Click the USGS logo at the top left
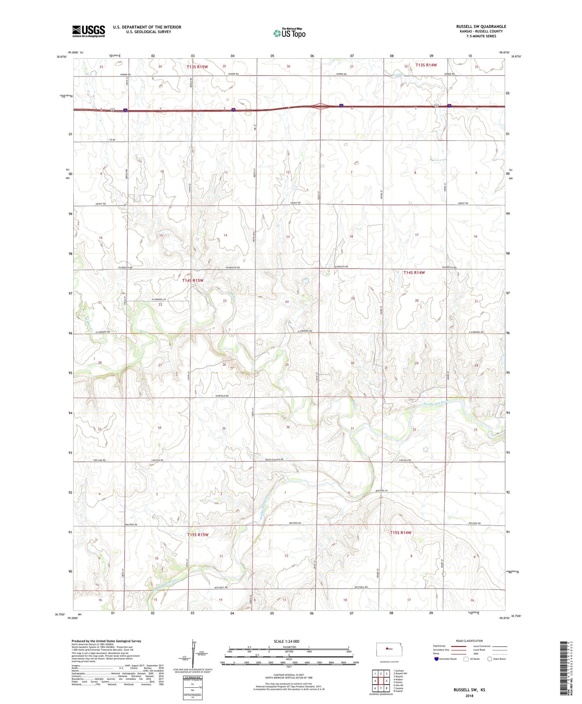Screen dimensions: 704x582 point(88,31)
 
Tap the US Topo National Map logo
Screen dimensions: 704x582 point(289,33)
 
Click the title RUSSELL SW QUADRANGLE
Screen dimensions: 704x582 point(481,26)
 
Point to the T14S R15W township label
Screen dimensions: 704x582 point(192,280)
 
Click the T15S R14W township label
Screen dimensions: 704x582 point(400,532)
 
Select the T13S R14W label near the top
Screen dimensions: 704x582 point(426,65)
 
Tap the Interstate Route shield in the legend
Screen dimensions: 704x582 point(436,659)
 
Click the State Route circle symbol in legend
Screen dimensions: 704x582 point(490,659)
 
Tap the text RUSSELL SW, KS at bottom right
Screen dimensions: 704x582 point(469,690)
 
